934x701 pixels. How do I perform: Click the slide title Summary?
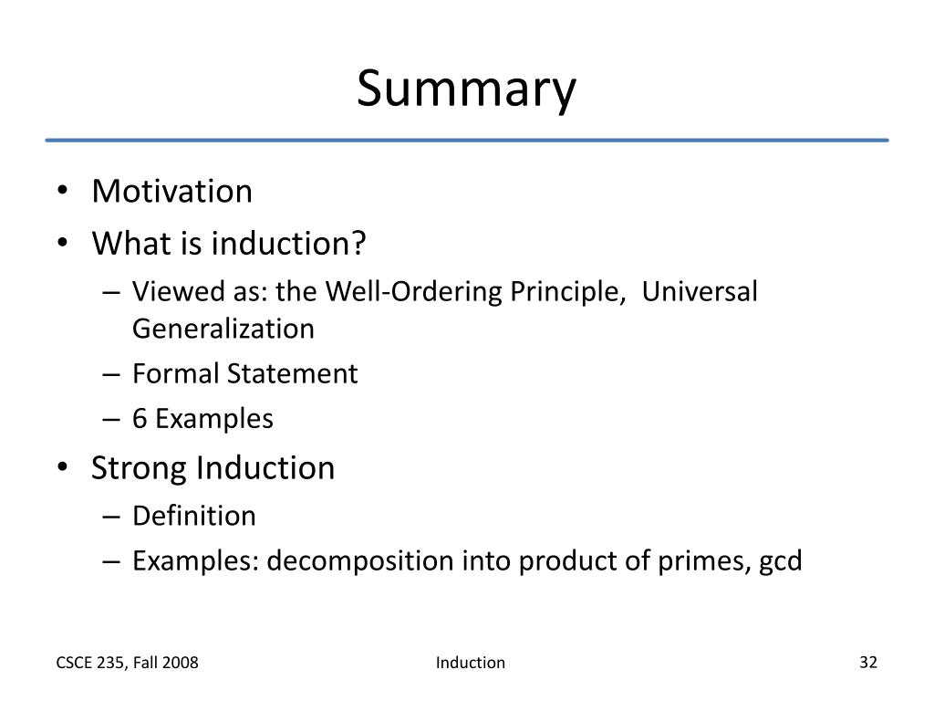(x=466, y=90)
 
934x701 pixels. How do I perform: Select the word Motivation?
(x=172, y=192)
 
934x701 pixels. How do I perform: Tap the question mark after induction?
(x=359, y=244)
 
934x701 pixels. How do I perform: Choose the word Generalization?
(x=223, y=328)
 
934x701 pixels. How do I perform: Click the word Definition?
(x=194, y=516)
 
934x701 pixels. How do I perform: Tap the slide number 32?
(x=867, y=662)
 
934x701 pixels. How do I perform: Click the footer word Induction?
(x=471, y=663)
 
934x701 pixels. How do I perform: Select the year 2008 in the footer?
(x=181, y=663)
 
